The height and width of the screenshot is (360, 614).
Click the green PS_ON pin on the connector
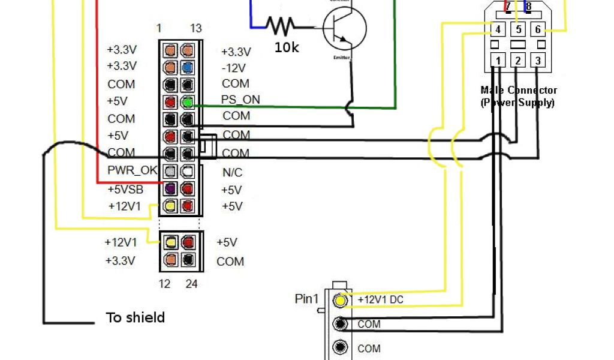coord(188,102)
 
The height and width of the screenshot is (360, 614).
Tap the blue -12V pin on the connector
coord(188,67)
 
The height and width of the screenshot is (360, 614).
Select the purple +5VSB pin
coord(170,189)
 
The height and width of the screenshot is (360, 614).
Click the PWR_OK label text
coord(132,170)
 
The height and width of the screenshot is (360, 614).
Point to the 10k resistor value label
coord(287,47)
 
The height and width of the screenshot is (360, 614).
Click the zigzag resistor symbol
coord(281,25)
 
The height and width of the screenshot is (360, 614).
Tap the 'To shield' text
coord(136,317)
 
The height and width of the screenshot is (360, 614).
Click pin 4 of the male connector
coord(498,29)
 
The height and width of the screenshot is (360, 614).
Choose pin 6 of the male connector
coord(538,29)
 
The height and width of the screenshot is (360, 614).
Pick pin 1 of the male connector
coord(498,60)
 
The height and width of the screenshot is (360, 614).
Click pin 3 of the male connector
coord(538,60)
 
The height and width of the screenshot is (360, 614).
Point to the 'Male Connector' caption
coord(519,91)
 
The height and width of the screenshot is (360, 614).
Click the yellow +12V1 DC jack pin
coord(341,299)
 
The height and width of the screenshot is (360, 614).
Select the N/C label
coord(232,173)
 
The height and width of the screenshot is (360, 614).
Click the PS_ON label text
coord(240,100)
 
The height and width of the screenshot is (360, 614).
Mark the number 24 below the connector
coord(191,284)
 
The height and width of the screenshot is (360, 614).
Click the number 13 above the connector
coord(195,28)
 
